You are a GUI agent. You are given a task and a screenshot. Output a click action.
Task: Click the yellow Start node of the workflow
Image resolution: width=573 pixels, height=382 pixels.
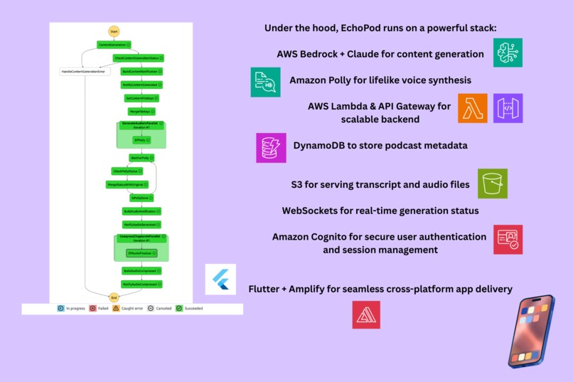coord(114,31)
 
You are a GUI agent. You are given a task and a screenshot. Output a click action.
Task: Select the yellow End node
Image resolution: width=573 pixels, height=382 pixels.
coord(114,297)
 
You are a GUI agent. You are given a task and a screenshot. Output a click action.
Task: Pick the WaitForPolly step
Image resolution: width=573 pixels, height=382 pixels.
coord(141,157)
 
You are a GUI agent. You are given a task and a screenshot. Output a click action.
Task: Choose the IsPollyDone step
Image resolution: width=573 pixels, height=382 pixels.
coord(141,197)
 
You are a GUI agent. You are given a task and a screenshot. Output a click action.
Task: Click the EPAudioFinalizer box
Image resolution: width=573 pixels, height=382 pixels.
coord(141,253)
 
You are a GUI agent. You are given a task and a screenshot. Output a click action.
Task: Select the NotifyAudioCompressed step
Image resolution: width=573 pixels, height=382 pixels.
coord(141,284)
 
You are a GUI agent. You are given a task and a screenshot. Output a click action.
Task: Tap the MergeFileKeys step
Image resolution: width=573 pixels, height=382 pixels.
coord(141,112)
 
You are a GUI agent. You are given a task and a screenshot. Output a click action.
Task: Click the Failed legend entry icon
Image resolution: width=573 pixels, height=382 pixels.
coord(93,309)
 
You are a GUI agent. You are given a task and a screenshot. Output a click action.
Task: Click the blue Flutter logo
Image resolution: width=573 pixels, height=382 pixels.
coord(220,280)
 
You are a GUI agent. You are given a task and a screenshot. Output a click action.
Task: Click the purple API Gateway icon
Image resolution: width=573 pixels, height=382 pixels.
coord(508,108)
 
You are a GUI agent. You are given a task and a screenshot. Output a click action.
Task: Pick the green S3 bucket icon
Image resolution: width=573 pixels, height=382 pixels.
coord(493,184)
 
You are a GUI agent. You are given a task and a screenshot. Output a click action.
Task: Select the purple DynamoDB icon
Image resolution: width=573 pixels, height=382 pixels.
coord(272,148)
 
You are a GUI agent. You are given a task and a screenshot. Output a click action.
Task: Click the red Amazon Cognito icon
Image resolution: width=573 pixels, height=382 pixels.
coord(508,240)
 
